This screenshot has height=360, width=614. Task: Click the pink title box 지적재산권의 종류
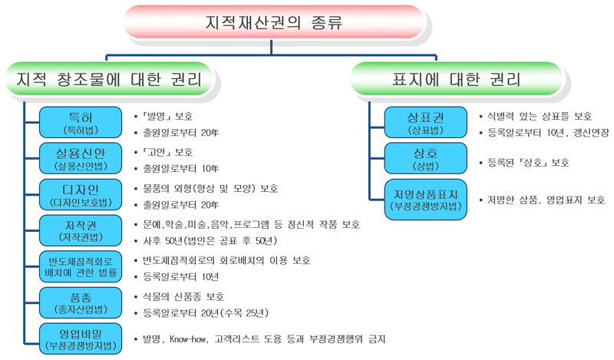coord(274,22)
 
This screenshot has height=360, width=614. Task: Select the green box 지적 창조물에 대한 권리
coord(109,79)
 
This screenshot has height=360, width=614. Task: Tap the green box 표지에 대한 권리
coord(457,79)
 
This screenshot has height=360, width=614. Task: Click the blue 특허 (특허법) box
coord(81,122)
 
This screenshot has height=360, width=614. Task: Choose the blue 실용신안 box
coord(81,158)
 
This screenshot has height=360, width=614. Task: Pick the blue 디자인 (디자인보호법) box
coord(81,195)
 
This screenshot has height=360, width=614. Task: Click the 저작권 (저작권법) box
coord(81,231)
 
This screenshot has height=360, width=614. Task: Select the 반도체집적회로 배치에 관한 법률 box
coord(81,267)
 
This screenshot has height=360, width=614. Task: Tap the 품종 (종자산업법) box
coord(81,302)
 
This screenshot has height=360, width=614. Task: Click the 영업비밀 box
coord(81,339)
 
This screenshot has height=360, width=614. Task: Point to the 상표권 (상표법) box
coord(426,122)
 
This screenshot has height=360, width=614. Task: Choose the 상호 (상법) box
coord(426,158)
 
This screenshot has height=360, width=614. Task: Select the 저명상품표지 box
coord(426,200)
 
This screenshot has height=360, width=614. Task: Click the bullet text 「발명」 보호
coord(167,117)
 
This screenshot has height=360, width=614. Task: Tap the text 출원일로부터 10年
coord(181,169)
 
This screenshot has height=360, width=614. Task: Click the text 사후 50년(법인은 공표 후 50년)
coord(210,240)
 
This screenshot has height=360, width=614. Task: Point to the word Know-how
coord(187,339)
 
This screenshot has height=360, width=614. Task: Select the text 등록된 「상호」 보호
coord(528,163)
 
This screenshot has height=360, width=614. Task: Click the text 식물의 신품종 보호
coord(183,296)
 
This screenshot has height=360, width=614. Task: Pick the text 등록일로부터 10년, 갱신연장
coord(548,133)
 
